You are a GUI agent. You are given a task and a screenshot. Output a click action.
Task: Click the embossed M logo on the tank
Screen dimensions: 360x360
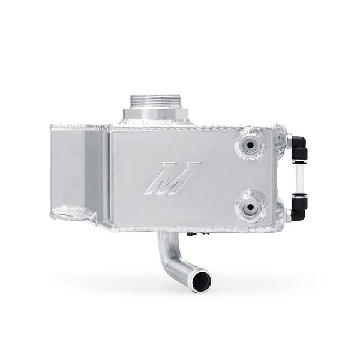tap(172, 178)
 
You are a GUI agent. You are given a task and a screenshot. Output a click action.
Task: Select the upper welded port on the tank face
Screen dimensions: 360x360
tap(249, 144)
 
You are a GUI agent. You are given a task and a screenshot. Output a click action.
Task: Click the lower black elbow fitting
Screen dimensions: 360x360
tap(298, 208)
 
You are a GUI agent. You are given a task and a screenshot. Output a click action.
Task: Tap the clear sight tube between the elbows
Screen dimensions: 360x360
tap(299, 176)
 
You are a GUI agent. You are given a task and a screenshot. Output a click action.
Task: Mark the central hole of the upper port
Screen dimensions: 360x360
tap(249, 144)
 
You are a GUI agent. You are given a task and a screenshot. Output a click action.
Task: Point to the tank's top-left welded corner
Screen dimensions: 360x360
tap(55, 127)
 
